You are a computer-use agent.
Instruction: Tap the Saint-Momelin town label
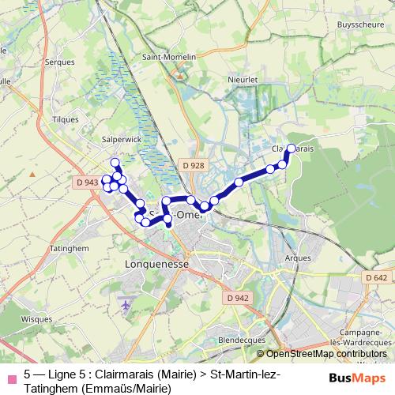164,57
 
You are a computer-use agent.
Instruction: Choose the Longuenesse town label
157,265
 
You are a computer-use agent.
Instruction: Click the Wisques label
36,320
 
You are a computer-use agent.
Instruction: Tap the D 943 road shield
88,182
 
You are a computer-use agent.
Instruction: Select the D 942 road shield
236,298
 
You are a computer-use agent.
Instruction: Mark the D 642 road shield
376,277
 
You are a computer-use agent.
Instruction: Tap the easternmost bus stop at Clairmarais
291,149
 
